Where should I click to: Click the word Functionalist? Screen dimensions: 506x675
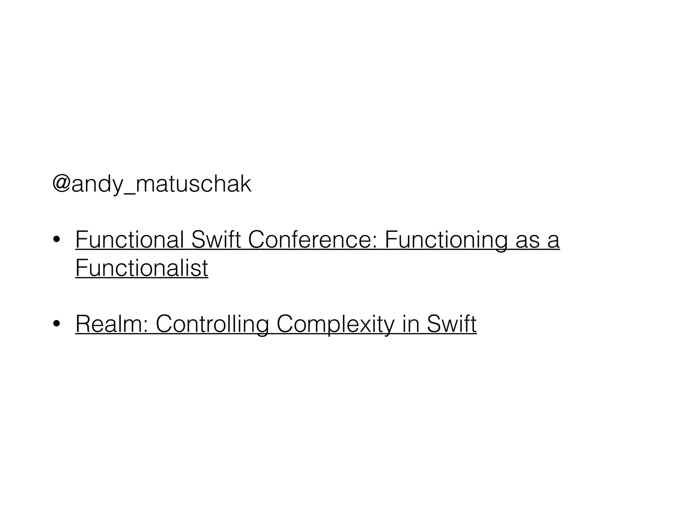coord(142,267)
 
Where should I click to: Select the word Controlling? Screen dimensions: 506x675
coord(212,324)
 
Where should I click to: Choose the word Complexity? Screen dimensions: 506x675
coord(335,324)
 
